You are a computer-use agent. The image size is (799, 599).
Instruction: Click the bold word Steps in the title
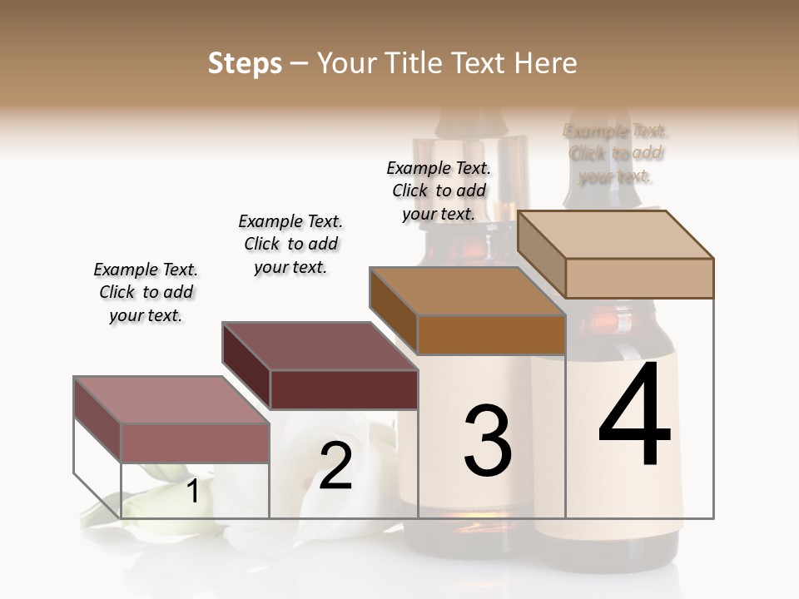pyautogui.click(x=245, y=63)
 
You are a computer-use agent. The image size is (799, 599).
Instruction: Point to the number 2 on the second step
pyautogui.click(x=335, y=466)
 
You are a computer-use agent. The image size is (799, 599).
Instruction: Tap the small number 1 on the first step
pyautogui.click(x=192, y=491)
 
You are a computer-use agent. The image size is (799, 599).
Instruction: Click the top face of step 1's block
pyautogui.click(x=171, y=399)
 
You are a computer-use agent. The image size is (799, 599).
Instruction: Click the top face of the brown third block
pyautogui.click(x=466, y=290)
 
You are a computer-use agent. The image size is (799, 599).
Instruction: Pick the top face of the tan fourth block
pyautogui.click(x=615, y=234)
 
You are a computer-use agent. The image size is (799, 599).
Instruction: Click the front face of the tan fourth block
pyautogui.click(x=639, y=278)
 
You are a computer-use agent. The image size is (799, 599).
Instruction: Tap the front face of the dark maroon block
pyautogui.click(x=343, y=389)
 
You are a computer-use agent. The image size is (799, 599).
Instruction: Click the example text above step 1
pyautogui.click(x=146, y=292)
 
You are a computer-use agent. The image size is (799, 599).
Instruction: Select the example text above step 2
pyautogui.click(x=290, y=244)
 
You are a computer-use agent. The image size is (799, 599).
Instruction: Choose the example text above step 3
pyautogui.click(x=439, y=191)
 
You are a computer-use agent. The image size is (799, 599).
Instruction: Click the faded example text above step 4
pyautogui.click(x=615, y=153)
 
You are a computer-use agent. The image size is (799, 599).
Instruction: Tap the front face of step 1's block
pyautogui.click(x=195, y=443)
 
